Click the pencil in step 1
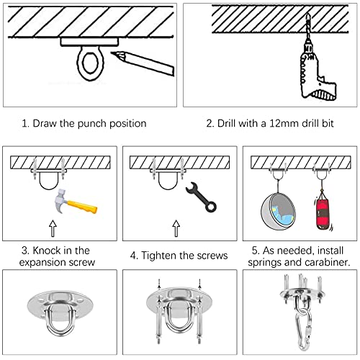tap(143, 63)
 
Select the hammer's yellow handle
tap(82, 207)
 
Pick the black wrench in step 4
tap(201, 197)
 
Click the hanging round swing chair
tap(279, 211)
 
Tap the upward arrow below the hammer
tap(53, 228)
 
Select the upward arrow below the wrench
tap(176, 228)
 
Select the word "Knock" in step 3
tap(47, 251)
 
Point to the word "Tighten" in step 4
tap(159, 256)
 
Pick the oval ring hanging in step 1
tap(91, 63)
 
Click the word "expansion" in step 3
tap(42, 263)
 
